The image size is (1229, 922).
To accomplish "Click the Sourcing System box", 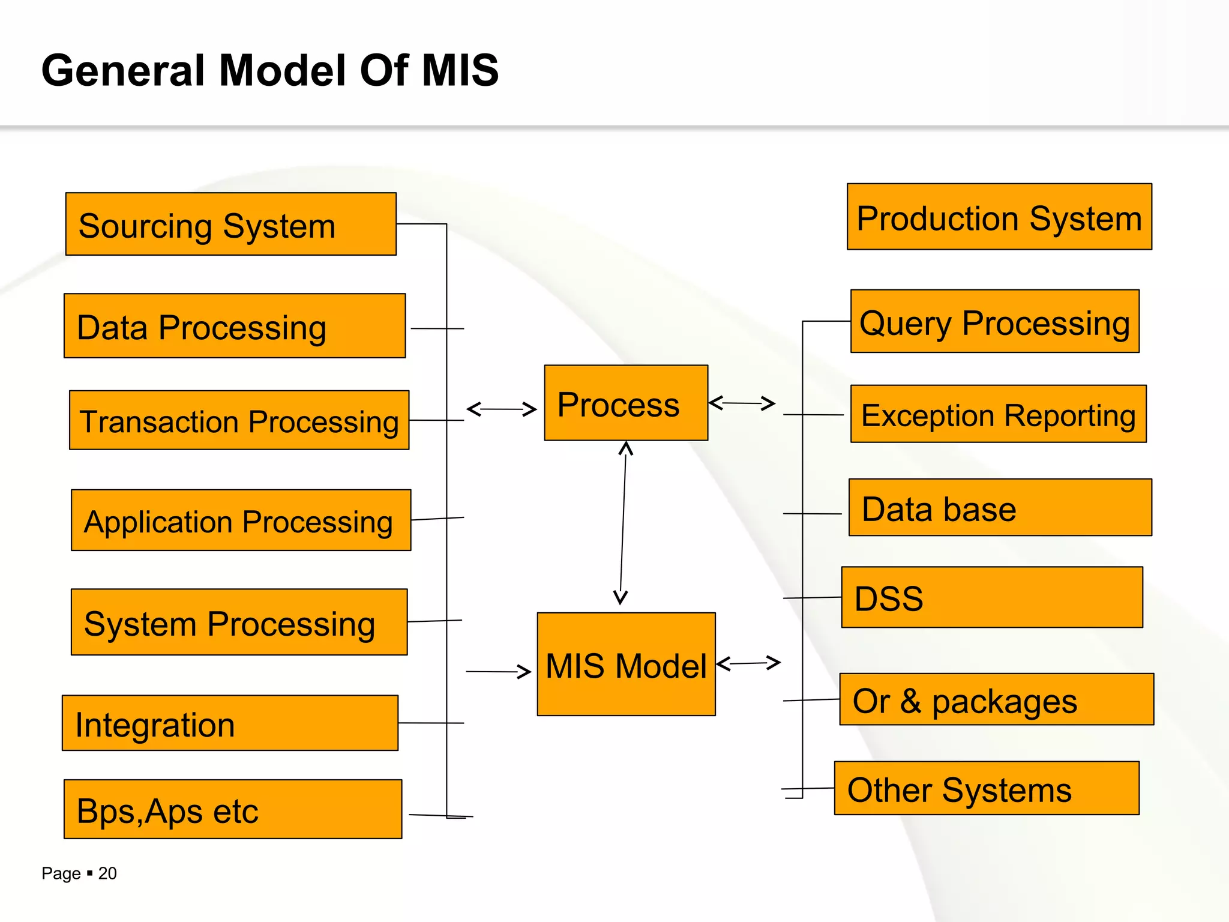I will point(230,224).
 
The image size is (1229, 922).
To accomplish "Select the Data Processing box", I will point(234,326).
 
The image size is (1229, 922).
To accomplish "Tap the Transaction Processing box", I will point(239,420).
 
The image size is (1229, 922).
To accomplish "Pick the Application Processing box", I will point(241,520).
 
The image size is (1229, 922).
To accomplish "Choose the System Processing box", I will point(239,622).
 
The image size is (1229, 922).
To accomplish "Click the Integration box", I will point(230,723).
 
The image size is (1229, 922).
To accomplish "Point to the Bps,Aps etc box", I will point(233,809).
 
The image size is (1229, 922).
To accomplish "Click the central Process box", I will point(626,403).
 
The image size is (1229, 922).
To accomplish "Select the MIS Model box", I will point(626,664).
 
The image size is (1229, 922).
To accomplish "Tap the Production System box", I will point(999,217).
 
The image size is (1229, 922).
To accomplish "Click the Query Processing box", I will point(994,322).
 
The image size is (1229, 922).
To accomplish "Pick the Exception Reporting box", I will point(998,414).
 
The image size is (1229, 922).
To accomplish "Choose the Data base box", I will point(1000,507).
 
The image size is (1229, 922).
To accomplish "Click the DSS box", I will point(992,597).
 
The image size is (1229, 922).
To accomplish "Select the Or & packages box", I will point(996,699).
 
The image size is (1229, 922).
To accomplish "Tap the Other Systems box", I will point(986,788).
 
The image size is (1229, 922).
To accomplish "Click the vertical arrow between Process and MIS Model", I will point(623,522).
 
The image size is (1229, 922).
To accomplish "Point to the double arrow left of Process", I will point(501,409).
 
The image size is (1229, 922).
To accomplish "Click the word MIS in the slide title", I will point(460,70).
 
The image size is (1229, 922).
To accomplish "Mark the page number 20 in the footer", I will point(107,873).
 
